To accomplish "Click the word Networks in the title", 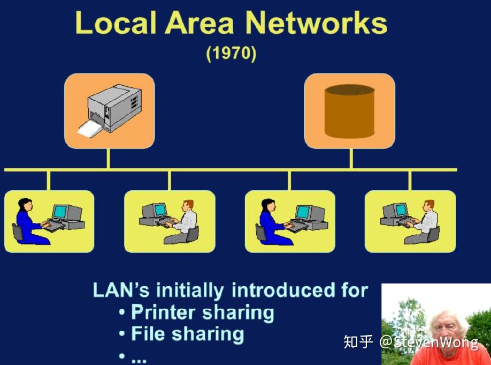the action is pos(316,23).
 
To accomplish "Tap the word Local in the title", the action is pos(116,23).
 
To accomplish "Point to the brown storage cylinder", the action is pos(349,111).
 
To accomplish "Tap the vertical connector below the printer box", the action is pos(108,159).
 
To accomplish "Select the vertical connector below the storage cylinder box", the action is pos(351,159).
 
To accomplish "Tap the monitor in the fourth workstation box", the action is pos(395,210).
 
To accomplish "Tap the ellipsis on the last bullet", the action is pos(139,360).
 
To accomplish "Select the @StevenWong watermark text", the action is pos(428,342).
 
